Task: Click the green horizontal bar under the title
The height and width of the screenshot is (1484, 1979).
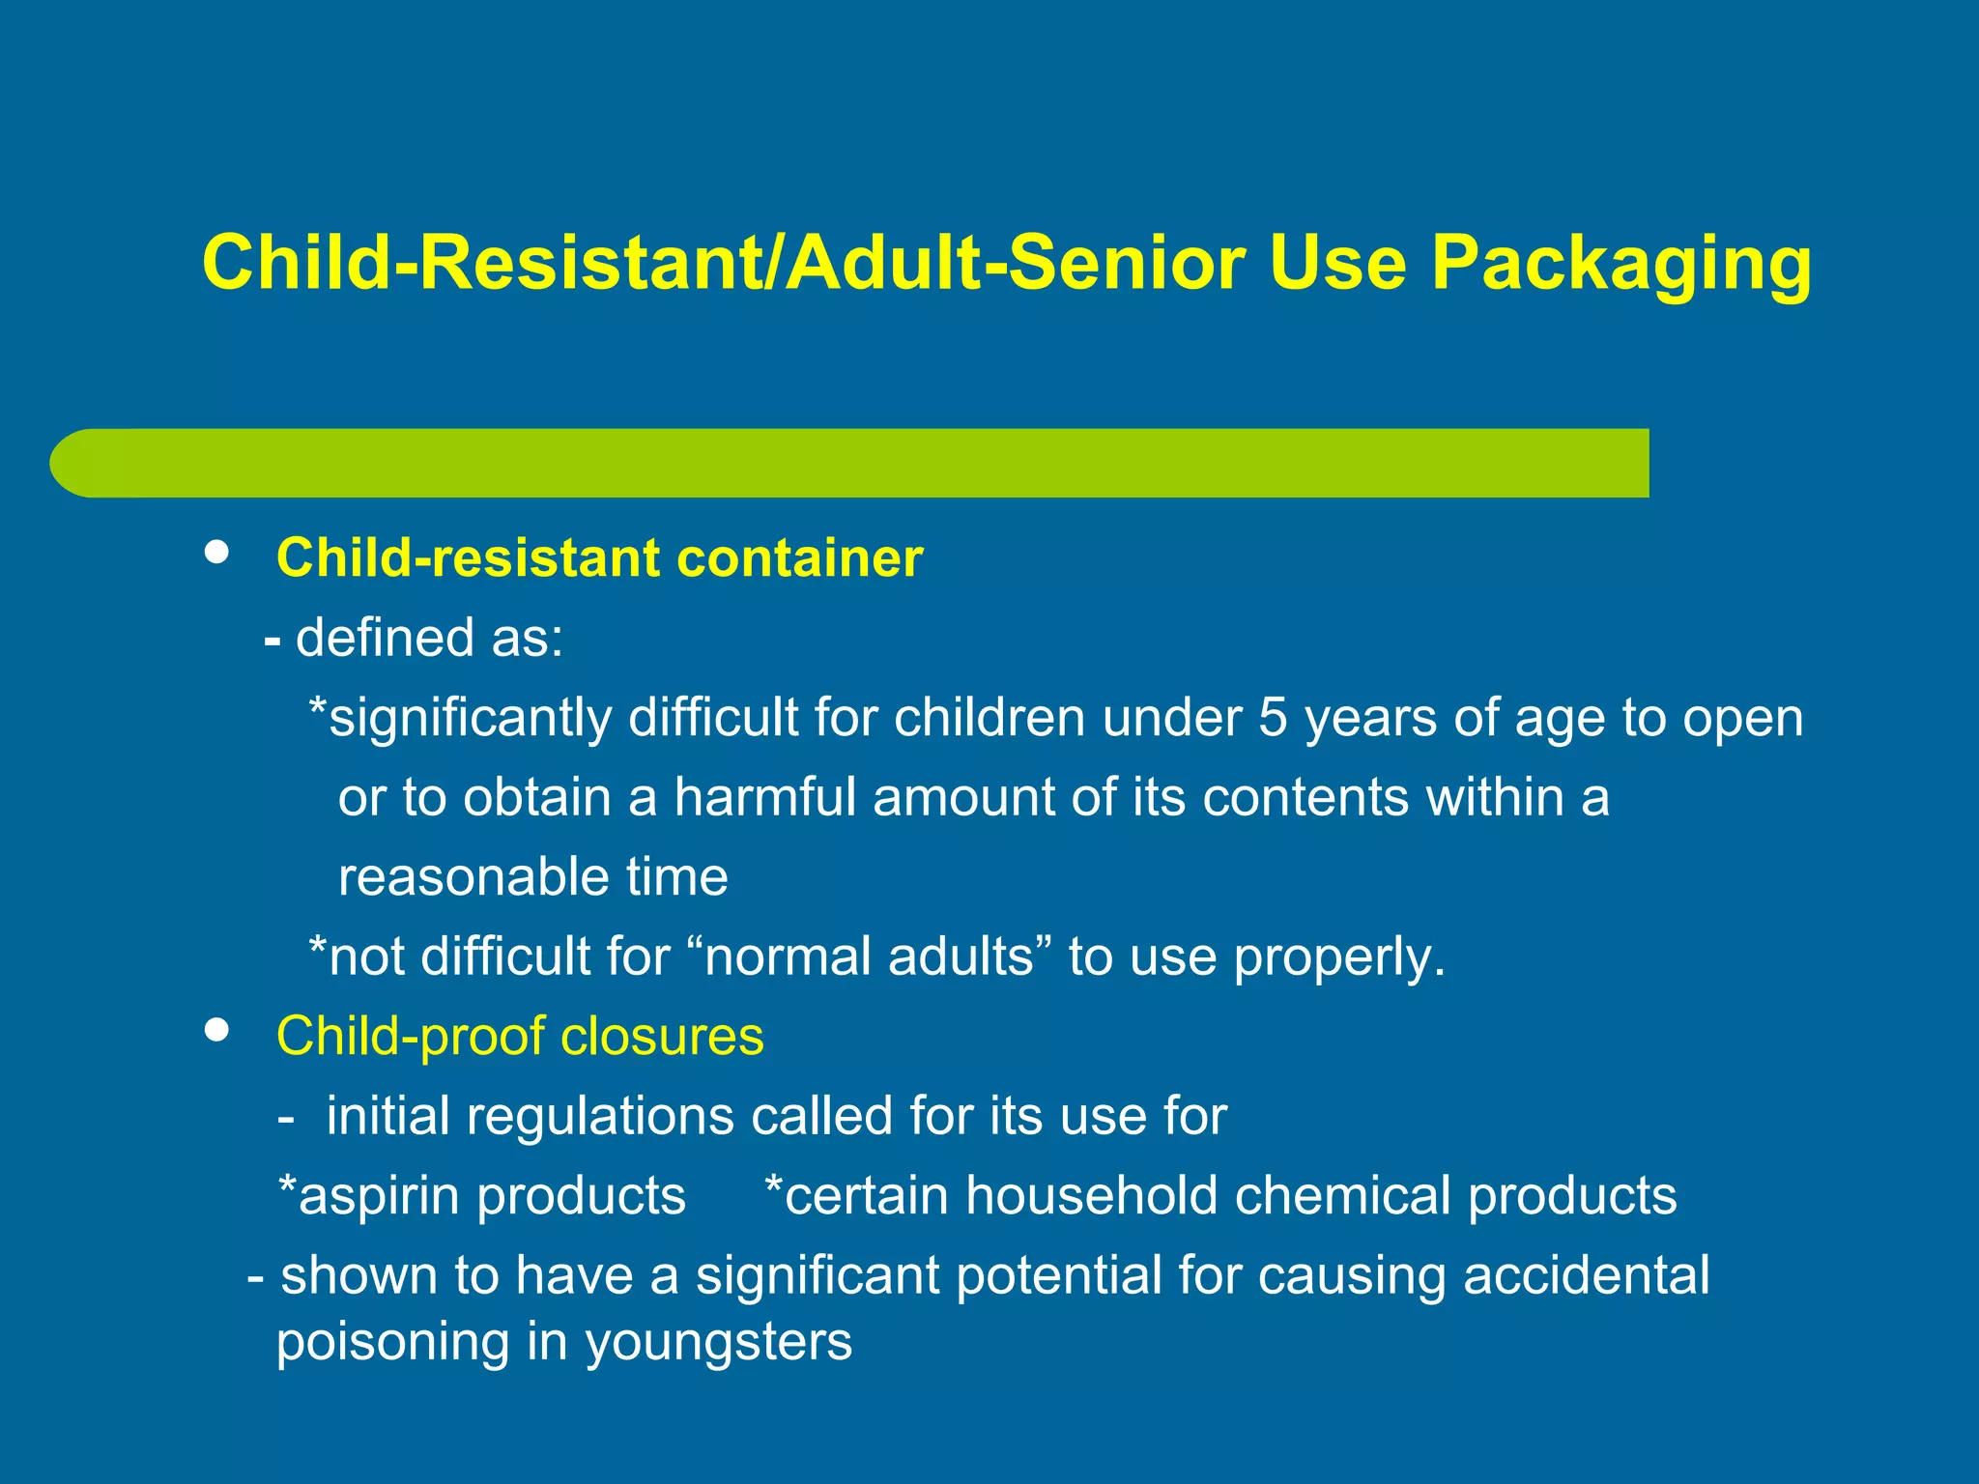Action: (850, 463)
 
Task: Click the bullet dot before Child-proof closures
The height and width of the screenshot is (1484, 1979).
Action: (217, 1030)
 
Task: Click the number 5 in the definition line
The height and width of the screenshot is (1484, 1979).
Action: (1272, 718)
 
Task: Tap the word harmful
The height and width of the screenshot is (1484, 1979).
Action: (764, 798)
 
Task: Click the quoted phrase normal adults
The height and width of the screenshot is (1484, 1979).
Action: (871, 956)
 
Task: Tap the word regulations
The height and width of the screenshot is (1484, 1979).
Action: (599, 1117)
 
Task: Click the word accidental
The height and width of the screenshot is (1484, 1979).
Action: (1586, 1275)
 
